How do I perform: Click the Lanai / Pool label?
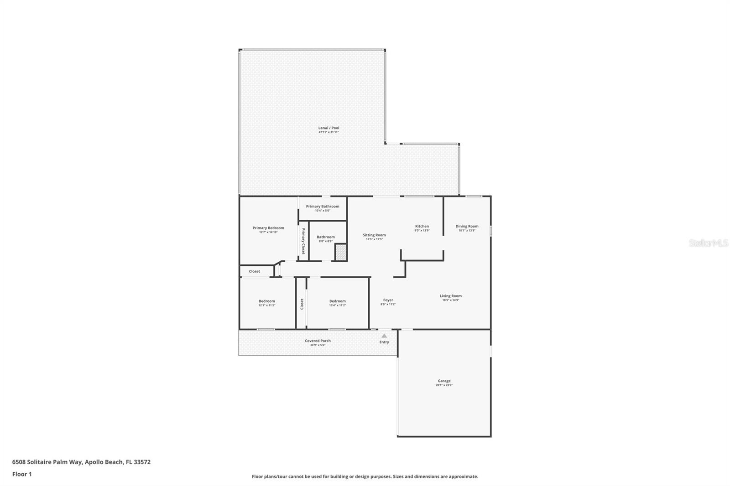pyautogui.click(x=328, y=128)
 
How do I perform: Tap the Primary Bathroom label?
pyautogui.click(x=323, y=207)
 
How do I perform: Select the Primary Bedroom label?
pyautogui.click(x=268, y=228)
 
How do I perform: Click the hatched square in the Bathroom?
pyautogui.click(x=341, y=252)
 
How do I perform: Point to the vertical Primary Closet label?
pyautogui.click(x=303, y=241)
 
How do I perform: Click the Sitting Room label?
pyautogui.click(x=374, y=235)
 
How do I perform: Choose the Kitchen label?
pyautogui.click(x=422, y=226)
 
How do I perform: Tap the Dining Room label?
pyautogui.click(x=467, y=226)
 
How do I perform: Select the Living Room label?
pyautogui.click(x=450, y=296)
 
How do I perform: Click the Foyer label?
pyautogui.click(x=388, y=300)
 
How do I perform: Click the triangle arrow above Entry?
pyautogui.click(x=384, y=336)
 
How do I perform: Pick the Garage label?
pyautogui.click(x=444, y=381)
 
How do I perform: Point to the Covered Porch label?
pyautogui.click(x=318, y=341)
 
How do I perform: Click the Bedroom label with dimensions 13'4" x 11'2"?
pyautogui.click(x=338, y=301)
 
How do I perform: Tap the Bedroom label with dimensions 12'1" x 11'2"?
pyautogui.click(x=267, y=301)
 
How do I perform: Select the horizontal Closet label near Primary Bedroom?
pyautogui.click(x=255, y=271)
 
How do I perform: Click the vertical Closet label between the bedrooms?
pyautogui.click(x=302, y=304)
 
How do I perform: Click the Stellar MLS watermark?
pyautogui.click(x=708, y=243)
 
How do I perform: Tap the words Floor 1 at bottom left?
pyautogui.click(x=22, y=474)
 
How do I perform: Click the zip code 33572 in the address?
pyautogui.click(x=142, y=462)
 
